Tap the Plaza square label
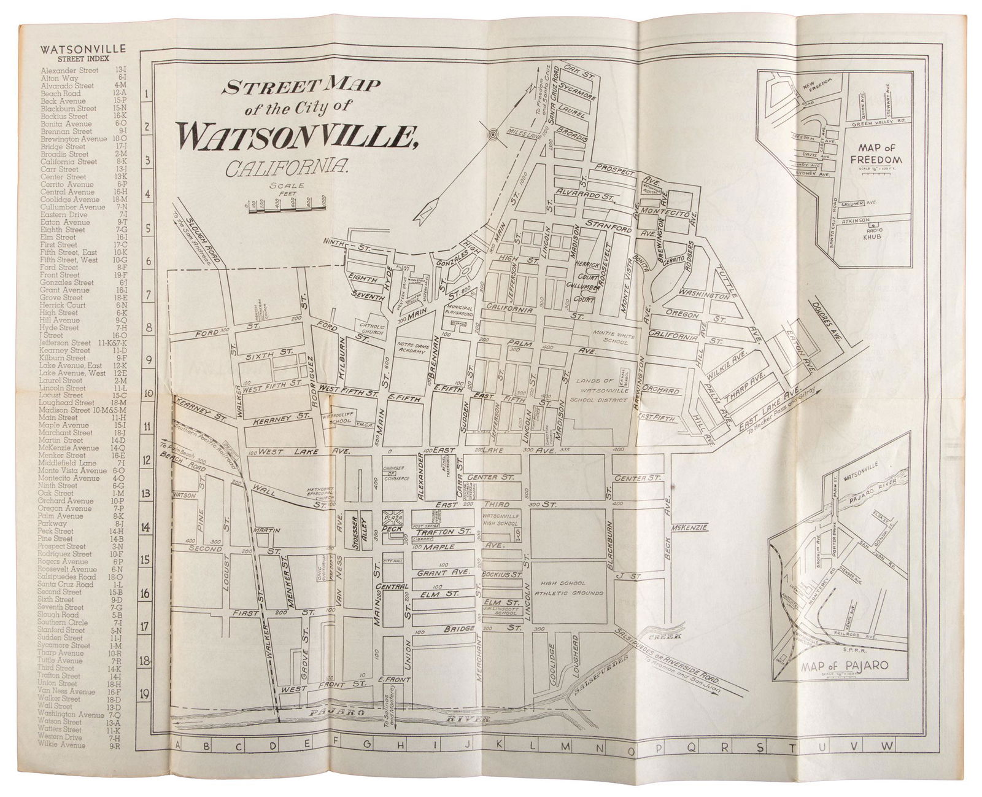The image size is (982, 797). coord(392,517)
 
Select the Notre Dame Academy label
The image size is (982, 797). coord(411,348)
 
